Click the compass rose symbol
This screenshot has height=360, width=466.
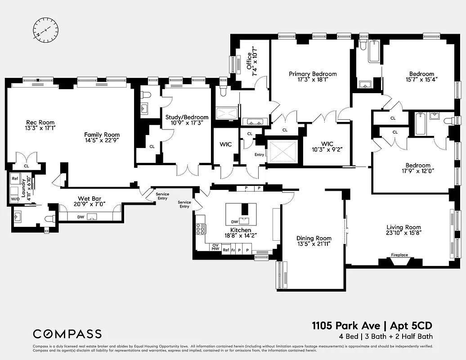(x=45, y=30)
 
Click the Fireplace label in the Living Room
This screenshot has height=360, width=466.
(x=399, y=255)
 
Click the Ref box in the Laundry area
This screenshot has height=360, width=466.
(x=15, y=179)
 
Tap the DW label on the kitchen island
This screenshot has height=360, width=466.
(x=234, y=222)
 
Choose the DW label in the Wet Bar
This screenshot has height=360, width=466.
(x=81, y=217)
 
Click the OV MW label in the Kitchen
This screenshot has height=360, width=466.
(x=215, y=247)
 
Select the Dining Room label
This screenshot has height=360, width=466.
(x=314, y=238)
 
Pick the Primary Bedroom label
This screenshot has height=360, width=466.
(x=313, y=74)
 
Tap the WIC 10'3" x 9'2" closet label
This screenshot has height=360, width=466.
(x=327, y=146)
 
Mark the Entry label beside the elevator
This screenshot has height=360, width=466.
(x=259, y=155)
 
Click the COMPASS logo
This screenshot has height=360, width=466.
(x=67, y=334)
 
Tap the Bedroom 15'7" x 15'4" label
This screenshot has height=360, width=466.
(x=421, y=74)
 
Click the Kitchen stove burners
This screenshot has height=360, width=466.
(x=200, y=229)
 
